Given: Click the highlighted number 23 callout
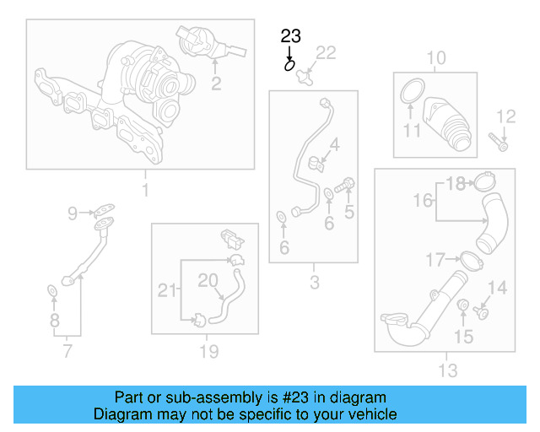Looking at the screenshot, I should pyautogui.click(x=290, y=36).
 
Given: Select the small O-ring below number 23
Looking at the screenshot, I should pyautogui.click(x=290, y=63).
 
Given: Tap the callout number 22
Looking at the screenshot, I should pyautogui.click(x=325, y=53).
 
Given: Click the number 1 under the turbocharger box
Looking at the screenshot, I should pyautogui.click(x=144, y=190).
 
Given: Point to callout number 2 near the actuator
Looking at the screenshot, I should pyautogui.click(x=216, y=84).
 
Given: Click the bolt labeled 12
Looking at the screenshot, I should pyautogui.click(x=501, y=144).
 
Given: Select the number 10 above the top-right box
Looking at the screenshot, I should pyautogui.click(x=435, y=58).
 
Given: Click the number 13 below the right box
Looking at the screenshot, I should pyautogui.click(x=448, y=370).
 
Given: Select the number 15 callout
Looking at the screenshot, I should pyautogui.click(x=463, y=337).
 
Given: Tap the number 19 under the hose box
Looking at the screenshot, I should pyautogui.click(x=208, y=351).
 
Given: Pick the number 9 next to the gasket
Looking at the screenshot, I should pyautogui.click(x=73, y=213).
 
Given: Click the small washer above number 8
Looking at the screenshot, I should pyautogui.click(x=52, y=292).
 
